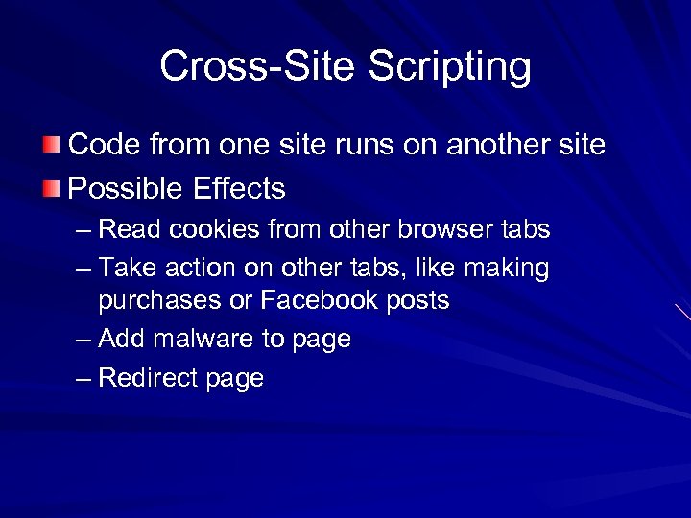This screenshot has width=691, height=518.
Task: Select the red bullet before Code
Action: (x=50, y=146)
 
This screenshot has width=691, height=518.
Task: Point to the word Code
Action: (x=105, y=146)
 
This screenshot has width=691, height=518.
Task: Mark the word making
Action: (x=504, y=269)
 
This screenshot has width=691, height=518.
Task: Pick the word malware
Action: (x=212, y=339)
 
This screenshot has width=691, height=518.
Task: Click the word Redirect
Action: (x=149, y=378)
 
